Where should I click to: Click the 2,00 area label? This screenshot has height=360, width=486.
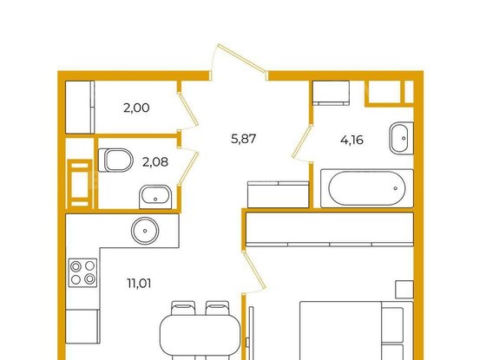[x=136, y=108]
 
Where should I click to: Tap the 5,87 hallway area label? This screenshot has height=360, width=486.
[x=244, y=139]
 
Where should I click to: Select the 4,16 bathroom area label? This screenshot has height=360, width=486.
[x=351, y=140]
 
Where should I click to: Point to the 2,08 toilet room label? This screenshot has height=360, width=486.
[x=155, y=161]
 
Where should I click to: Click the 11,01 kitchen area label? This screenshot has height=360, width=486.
[x=139, y=283]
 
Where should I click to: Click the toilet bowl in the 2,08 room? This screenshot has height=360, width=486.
[x=115, y=160]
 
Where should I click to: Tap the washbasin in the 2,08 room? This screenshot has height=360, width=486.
[x=155, y=197]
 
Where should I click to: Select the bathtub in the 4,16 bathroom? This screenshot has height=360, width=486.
[x=367, y=188]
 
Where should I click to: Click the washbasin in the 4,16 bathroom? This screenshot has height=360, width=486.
[x=402, y=138]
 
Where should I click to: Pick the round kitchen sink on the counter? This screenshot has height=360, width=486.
[x=145, y=231]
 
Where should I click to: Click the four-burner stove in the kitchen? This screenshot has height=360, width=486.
[x=82, y=272]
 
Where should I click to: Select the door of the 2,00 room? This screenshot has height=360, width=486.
[x=189, y=111]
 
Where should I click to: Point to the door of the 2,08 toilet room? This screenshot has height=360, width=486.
[x=188, y=167]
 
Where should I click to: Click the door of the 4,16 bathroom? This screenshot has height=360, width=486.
[x=302, y=142]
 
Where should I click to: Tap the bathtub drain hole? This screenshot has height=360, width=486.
[x=395, y=188]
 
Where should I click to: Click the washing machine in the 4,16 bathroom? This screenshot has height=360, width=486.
[x=331, y=93]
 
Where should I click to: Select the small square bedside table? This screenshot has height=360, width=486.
[x=404, y=290]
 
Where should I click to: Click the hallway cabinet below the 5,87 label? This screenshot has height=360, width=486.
[x=279, y=194]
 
